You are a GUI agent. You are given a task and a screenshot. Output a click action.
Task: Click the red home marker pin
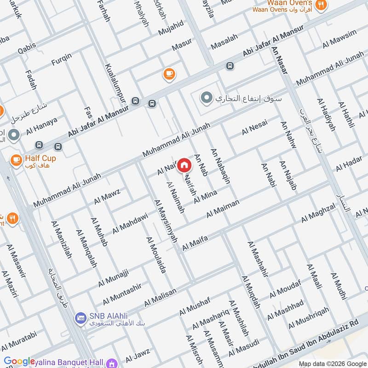[x=184, y=164]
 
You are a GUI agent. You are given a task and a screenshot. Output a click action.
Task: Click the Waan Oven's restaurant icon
[x=322, y=4]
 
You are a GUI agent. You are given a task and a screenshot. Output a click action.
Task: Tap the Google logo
[x=19, y=362]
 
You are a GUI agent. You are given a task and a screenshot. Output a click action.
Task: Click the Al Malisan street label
[x=160, y=298]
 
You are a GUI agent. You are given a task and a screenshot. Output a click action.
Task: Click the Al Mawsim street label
[x=339, y=39]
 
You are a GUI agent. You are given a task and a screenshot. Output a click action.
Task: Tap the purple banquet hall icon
[x=111, y=363]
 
